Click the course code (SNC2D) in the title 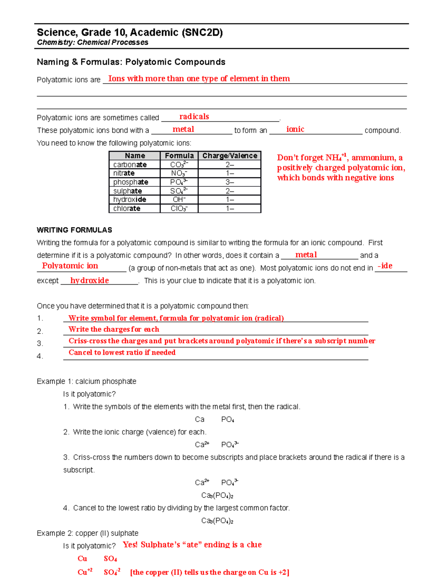[202, 32]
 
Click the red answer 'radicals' [194, 117]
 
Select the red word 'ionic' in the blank [295, 129]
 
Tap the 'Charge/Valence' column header [230, 156]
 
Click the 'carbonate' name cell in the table [130, 165]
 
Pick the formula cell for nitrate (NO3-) [179, 173]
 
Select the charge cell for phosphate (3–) [230, 182]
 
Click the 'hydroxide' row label [130, 200]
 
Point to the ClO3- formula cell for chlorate [179, 208]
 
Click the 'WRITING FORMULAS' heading [74, 230]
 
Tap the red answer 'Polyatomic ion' [70, 266]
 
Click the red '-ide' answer [385, 266]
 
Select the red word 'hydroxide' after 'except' [90, 280]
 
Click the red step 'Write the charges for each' [114, 329]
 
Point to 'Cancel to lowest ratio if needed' [122, 353]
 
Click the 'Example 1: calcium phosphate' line [87, 381]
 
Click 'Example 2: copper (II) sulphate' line [88, 533]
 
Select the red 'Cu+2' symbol [85, 572]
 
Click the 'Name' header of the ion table [135, 156]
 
